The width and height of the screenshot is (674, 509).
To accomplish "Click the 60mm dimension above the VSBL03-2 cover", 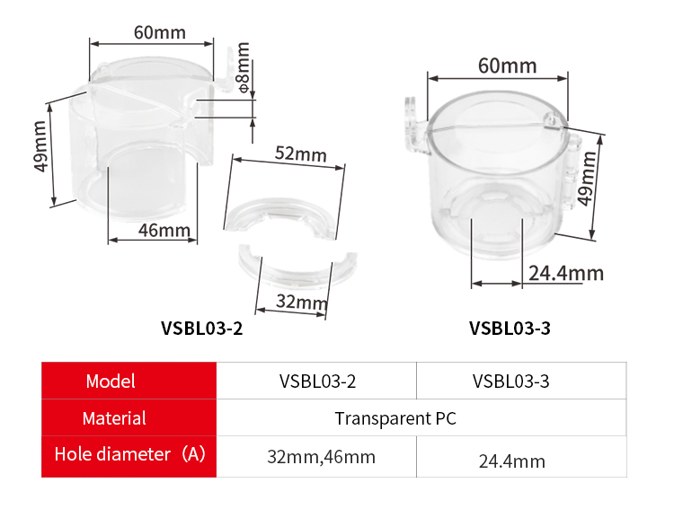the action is (159, 32).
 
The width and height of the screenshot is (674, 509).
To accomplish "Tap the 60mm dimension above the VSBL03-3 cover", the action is (507, 66).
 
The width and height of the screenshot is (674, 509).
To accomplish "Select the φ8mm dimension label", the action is (244, 67).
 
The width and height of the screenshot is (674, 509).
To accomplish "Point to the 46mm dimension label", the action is (164, 231).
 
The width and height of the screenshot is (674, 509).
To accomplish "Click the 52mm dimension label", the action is (301, 154).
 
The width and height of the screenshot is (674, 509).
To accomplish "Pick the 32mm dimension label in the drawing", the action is (302, 302).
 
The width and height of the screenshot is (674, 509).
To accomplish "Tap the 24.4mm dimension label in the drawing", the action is (566, 273).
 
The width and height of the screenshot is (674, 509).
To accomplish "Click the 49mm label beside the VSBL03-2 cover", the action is (40, 146).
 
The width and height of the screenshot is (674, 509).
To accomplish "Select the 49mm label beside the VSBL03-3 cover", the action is (586, 179).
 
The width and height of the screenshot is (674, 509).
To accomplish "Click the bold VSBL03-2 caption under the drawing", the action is (201, 329).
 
